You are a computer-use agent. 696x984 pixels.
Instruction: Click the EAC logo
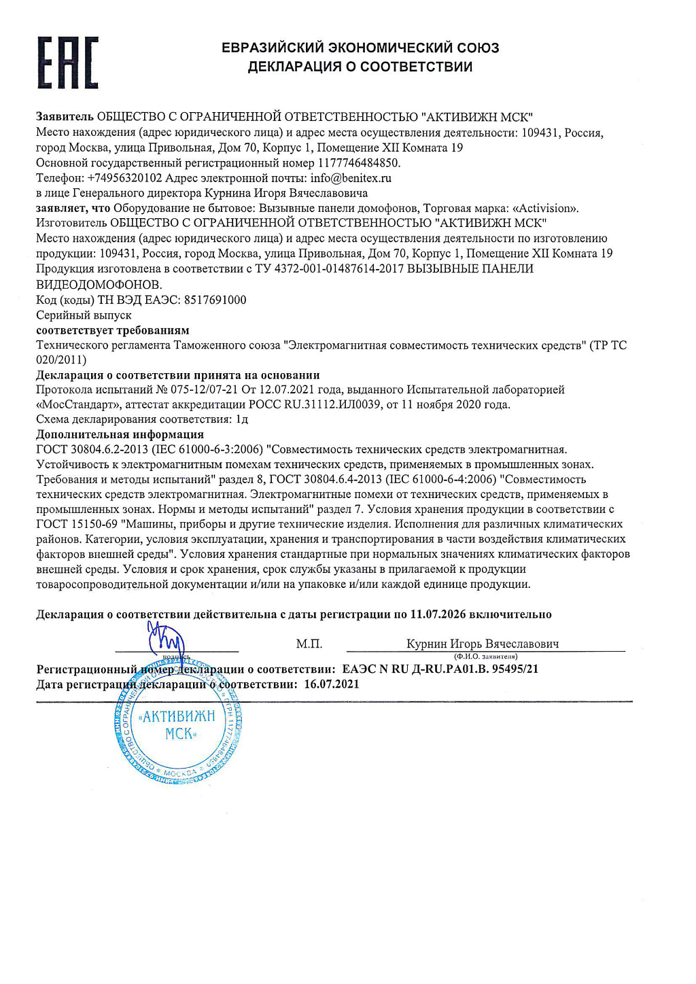point(67,63)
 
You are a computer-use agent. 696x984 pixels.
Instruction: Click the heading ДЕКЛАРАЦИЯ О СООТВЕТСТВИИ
point(360,67)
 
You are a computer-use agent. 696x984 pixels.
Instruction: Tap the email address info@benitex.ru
point(351,178)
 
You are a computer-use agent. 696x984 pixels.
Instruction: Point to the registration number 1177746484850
point(358,163)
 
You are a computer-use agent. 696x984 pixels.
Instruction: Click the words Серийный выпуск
point(84,315)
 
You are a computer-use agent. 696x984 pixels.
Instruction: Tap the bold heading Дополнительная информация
point(120,434)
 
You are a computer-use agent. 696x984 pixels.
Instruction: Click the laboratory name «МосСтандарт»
point(77,404)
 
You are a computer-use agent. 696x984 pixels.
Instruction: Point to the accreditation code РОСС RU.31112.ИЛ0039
point(315,404)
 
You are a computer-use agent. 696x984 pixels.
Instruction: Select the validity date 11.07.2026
point(438,614)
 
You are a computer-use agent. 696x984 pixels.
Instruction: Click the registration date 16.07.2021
point(331,684)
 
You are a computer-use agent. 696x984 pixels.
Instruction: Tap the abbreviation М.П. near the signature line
point(309,644)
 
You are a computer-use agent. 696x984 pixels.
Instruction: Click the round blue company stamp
point(179,727)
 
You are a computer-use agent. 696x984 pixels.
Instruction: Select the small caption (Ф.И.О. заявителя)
point(485,656)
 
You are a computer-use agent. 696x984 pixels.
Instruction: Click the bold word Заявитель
point(65,118)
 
